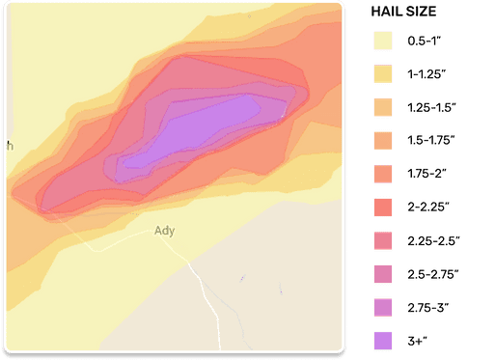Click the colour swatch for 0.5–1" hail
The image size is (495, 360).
pyautogui.click(x=383, y=42)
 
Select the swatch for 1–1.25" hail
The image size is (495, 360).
pyautogui.click(x=383, y=72)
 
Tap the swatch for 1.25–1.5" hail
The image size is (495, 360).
pyautogui.click(x=383, y=106)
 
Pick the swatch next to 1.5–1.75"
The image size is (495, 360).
pyautogui.click(x=383, y=139)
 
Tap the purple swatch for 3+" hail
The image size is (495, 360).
pyautogui.click(x=383, y=340)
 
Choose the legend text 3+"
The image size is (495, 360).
pyautogui.click(x=417, y=340)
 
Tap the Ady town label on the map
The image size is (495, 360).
pyautogui.click(x=164, y=231)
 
